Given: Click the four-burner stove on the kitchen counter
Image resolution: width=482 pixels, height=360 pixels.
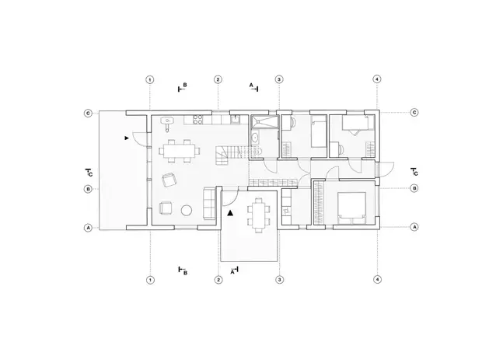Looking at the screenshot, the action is (197, 119).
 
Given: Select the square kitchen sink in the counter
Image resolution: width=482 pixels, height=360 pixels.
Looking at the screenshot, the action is (236, 119).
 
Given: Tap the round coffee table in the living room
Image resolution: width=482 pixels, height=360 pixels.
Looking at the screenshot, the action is (187, 210).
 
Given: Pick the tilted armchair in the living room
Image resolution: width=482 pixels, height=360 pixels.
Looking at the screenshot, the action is (169, 180).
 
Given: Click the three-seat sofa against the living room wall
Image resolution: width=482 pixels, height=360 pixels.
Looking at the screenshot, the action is (208, 203).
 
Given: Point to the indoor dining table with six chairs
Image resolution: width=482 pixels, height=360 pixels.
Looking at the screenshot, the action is (180, 151).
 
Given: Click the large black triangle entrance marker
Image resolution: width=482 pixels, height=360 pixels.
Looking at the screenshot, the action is (230, 212).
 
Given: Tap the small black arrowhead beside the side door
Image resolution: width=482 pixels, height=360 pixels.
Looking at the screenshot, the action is (127, 138).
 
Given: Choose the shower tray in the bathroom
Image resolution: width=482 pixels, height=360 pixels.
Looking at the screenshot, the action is (264, 121).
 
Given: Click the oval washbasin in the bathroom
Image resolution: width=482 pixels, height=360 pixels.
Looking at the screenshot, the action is (255, 138).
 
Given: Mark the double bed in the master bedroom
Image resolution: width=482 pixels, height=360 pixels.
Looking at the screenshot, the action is (351, 208).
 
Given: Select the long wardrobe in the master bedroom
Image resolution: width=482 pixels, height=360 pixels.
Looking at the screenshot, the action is (319, 203).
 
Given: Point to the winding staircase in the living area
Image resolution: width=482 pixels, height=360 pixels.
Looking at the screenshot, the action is (228, 155).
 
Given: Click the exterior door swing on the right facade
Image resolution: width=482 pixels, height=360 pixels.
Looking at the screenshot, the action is (386, 170).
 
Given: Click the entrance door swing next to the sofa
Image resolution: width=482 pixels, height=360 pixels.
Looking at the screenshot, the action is (230, 197).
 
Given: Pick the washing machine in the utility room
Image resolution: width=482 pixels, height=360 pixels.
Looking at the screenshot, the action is (287, 211).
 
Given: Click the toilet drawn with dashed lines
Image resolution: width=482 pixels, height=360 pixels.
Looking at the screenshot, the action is (257, 152).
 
